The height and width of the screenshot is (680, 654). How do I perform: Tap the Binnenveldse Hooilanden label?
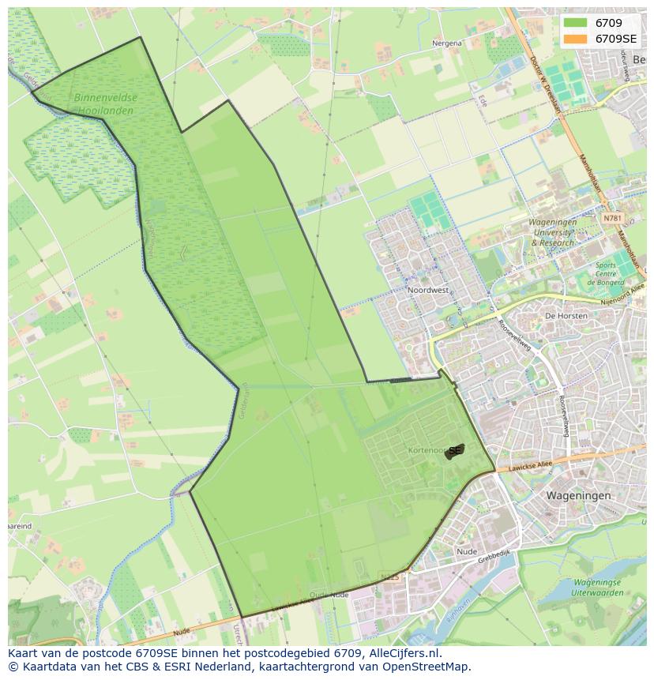point(104,104)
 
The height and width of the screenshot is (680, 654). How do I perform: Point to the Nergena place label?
point(446,43)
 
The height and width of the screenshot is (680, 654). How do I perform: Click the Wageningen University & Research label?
point(553,233)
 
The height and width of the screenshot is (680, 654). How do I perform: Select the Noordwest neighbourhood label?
point(428,290)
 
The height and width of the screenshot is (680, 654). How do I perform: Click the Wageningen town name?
point(578,495)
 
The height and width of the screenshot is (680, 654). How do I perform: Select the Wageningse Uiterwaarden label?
point(586,587)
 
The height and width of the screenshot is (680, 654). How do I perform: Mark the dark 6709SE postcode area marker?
point(454,451)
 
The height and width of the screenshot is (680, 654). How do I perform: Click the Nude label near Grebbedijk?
point(467,551)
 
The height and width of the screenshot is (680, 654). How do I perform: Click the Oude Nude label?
point(329,594)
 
